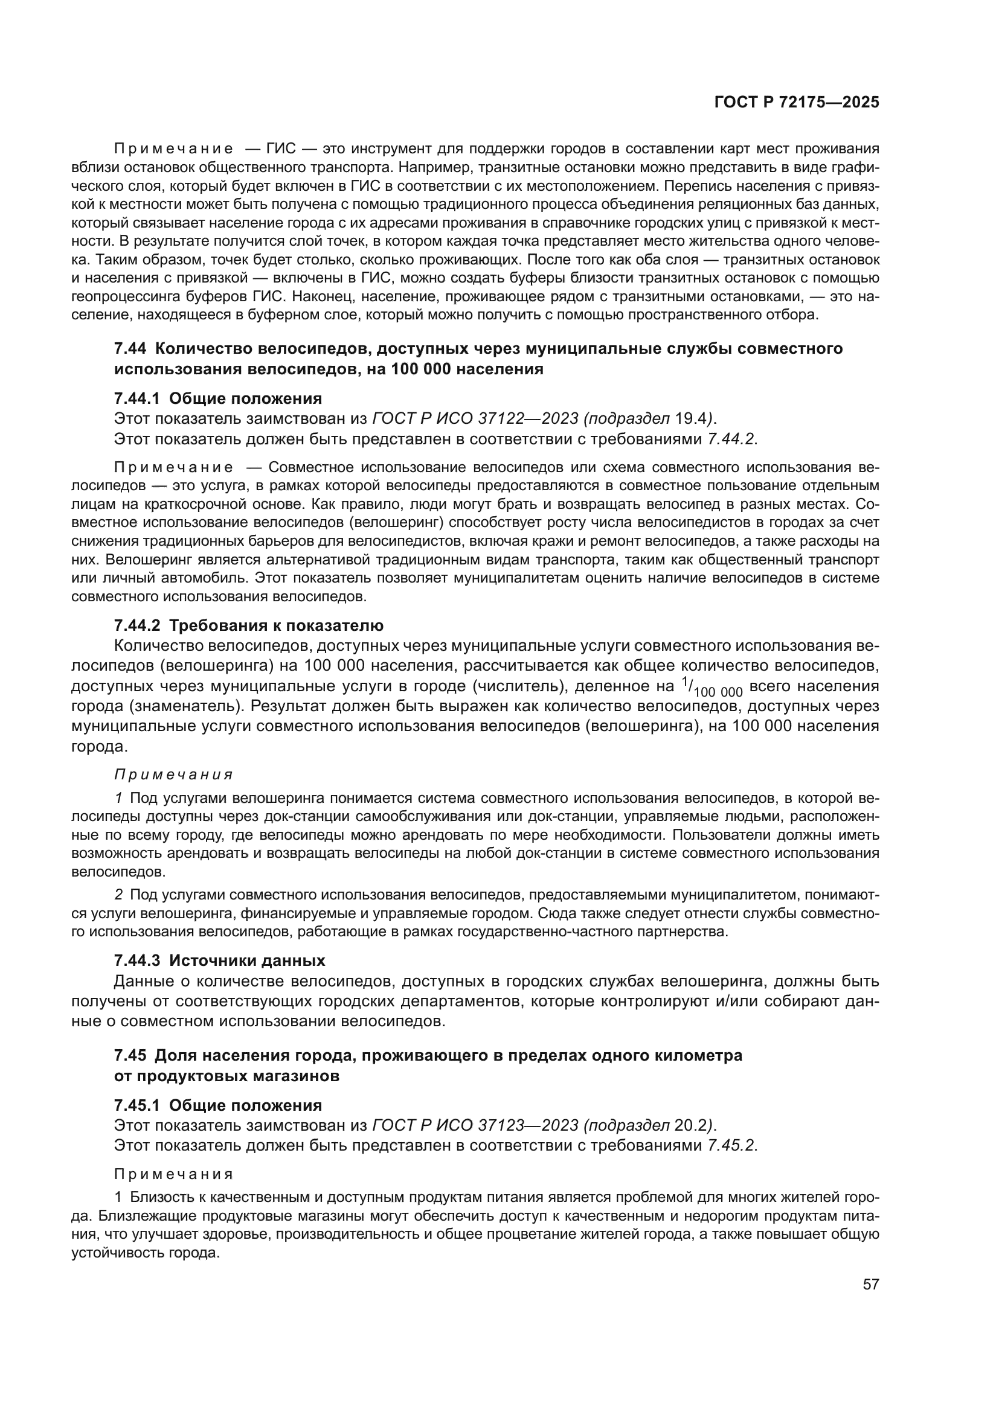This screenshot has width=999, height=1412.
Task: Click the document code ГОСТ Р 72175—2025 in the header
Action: click(x=796, y=103)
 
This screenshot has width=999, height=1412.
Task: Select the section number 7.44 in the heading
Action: click(x=130, y=349)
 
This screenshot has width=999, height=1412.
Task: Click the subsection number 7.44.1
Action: click(x=137, y=398)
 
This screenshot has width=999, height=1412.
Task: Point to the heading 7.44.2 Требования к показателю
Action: click(x=248, y=625)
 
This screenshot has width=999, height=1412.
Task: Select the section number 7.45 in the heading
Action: click(x=130, y=1055)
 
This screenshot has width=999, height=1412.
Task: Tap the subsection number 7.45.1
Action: click(x=137, y=1105)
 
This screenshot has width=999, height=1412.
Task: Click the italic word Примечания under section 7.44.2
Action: click(x=173, y=775)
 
